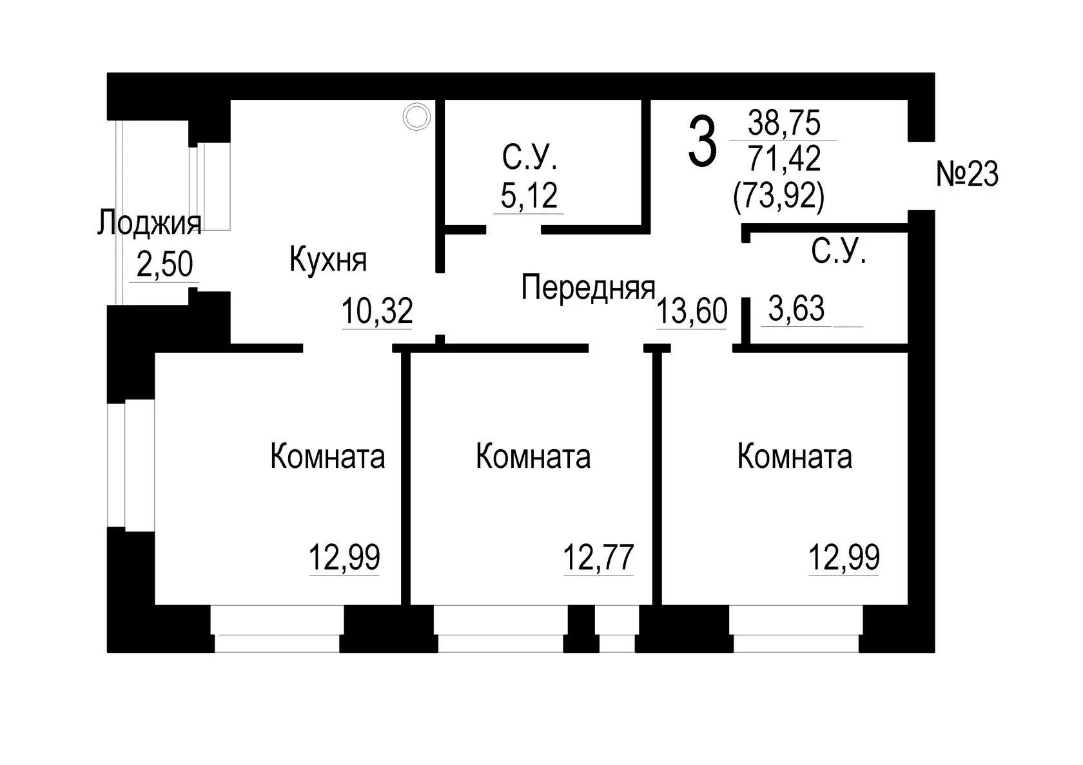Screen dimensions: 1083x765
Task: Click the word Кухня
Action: [x=328, y=260]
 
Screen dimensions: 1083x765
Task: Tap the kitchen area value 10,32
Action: [x=377, y=311]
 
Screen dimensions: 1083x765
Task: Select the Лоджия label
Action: [x=150, y=224]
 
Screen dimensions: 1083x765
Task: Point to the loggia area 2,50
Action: [x=165, y=264]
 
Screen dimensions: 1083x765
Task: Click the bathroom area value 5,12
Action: [x=529, y=195]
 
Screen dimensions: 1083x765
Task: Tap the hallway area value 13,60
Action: [x=692, y=311]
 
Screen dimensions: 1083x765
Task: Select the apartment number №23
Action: [x=967, y=174]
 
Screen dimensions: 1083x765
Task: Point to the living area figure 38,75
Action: [x=784, y=122]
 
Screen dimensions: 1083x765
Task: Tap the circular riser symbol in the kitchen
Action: [x=416, y=117]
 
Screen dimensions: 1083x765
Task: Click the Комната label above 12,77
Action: [x=533, y=456]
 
